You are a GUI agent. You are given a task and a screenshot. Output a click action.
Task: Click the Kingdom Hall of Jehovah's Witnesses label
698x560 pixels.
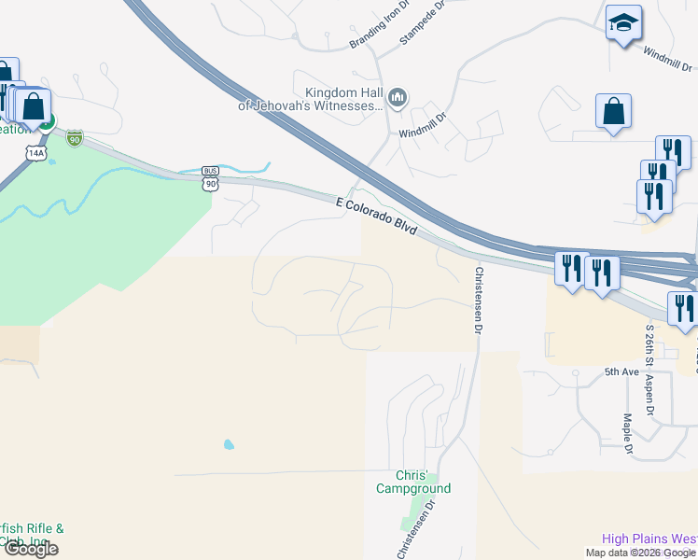click(x=344, y=99)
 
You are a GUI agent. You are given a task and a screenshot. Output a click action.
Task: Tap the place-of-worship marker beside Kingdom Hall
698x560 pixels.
click(x=398, y=98)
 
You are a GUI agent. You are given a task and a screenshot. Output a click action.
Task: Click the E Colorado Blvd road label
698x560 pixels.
click(x=376, y=215)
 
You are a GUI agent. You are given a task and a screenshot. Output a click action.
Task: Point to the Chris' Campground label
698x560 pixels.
click(x=413, y=482)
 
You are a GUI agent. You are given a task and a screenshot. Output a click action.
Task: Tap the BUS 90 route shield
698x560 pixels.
click(x=212, y=177)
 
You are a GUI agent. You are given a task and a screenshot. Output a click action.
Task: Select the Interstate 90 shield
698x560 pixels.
click(x=75, y=139)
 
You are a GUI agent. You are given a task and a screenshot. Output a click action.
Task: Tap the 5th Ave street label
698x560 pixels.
click(x=621, y=371)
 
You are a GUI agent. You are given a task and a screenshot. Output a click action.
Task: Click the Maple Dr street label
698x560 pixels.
click(x=629, y=434)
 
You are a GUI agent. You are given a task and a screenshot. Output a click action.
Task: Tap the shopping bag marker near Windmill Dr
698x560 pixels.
click(x=614, y=112)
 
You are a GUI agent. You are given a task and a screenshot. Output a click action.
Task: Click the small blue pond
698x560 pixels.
click(x=229, y=445)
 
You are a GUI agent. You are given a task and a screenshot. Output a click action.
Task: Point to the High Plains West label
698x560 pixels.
click(x=649, y=539)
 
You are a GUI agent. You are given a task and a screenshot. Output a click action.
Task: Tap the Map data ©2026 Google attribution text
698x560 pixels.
click(x=639, y=553)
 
